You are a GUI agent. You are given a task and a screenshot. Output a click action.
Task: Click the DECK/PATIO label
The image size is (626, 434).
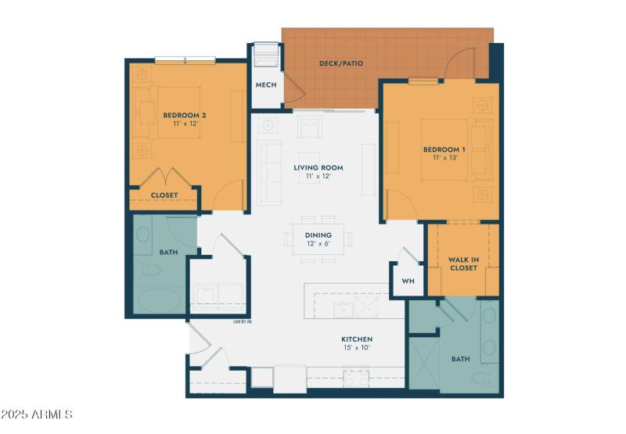click(341, 63)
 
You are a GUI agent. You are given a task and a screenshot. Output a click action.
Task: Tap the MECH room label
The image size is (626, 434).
click(266, 85)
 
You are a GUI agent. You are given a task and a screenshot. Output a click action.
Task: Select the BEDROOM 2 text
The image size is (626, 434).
click(185, 116)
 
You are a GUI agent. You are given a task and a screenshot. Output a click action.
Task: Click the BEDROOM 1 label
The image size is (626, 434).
click(444, 149)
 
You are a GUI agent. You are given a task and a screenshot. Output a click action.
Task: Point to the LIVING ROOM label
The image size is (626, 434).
click(318, 168)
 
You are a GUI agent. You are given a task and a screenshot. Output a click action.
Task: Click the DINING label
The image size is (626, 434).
click(318, 235)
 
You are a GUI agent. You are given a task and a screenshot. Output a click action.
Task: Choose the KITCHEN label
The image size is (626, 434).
click(356, 339)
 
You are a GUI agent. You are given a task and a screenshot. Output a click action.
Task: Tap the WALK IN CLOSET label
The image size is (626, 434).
click(462, 264)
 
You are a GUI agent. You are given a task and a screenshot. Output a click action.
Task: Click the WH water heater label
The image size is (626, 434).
click(408, 281)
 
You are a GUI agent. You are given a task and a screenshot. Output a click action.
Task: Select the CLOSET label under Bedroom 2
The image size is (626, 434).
click(164, 195)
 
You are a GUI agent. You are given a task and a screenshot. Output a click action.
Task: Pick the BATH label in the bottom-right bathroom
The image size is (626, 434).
click(460, 360)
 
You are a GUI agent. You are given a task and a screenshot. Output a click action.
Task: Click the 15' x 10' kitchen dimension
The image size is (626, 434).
click(356, 348)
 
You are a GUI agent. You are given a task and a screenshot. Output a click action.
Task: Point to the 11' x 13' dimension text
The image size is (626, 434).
click(444, 158)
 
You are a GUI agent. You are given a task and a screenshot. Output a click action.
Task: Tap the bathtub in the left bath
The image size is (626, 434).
click(156, 300)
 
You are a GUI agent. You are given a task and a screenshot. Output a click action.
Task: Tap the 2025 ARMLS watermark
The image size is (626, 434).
click(37, 414)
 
